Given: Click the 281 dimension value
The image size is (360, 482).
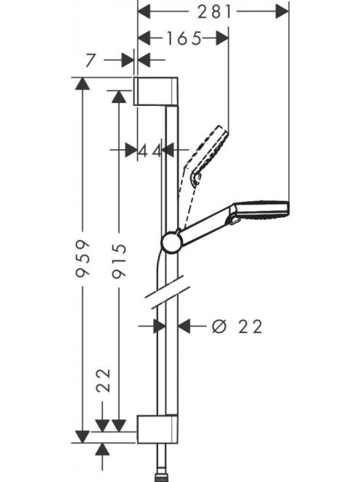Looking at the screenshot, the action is [214, 12].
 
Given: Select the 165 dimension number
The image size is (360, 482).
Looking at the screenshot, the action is [184, 38].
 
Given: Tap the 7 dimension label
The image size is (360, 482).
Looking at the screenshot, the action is [90, 60].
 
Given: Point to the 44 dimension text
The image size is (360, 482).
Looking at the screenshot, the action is [150, 151].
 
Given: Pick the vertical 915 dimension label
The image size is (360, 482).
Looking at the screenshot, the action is [119, 261].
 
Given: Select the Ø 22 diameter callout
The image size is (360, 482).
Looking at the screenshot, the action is [237, 327].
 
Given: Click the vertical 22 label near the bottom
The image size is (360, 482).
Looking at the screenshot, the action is [103, 380].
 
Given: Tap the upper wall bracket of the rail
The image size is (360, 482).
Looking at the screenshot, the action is [156, 91].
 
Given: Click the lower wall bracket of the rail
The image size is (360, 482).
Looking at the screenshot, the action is [157, 429].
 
